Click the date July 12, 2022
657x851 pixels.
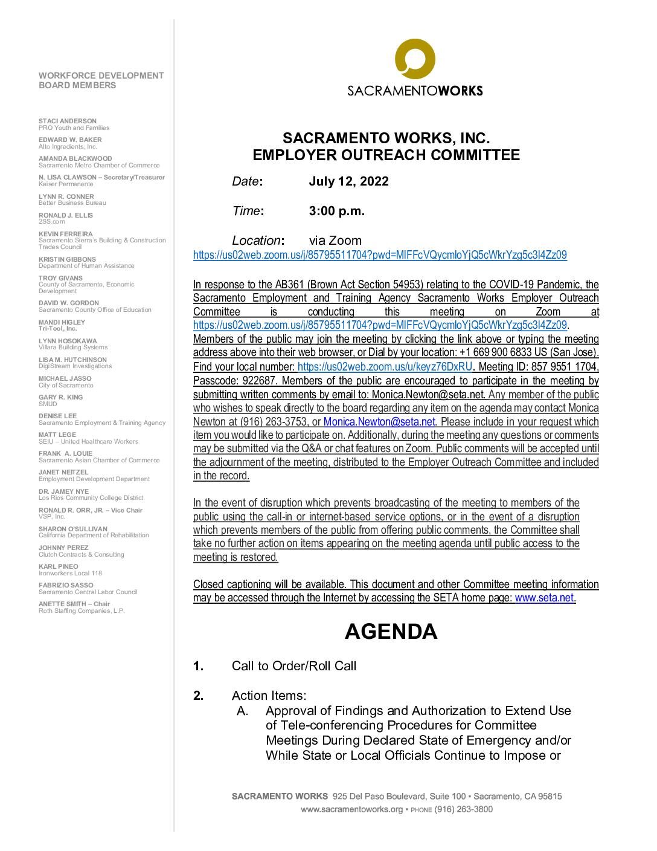(348, 181)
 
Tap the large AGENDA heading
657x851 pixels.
(391, 632)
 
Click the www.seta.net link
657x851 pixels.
(543, 598)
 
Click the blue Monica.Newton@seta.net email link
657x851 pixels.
(379, 422)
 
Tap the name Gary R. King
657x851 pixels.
(60, 397)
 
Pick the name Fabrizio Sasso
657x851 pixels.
(66, 585)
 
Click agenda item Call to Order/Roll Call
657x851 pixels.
(294, 666)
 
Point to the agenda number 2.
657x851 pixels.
(198, 696)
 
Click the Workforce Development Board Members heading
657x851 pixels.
(101, 80)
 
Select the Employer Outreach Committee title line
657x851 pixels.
(386, 155)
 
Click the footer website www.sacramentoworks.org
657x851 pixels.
(351, 809)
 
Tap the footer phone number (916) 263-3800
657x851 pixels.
(463, 809)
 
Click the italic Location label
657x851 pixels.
(257, 241)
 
